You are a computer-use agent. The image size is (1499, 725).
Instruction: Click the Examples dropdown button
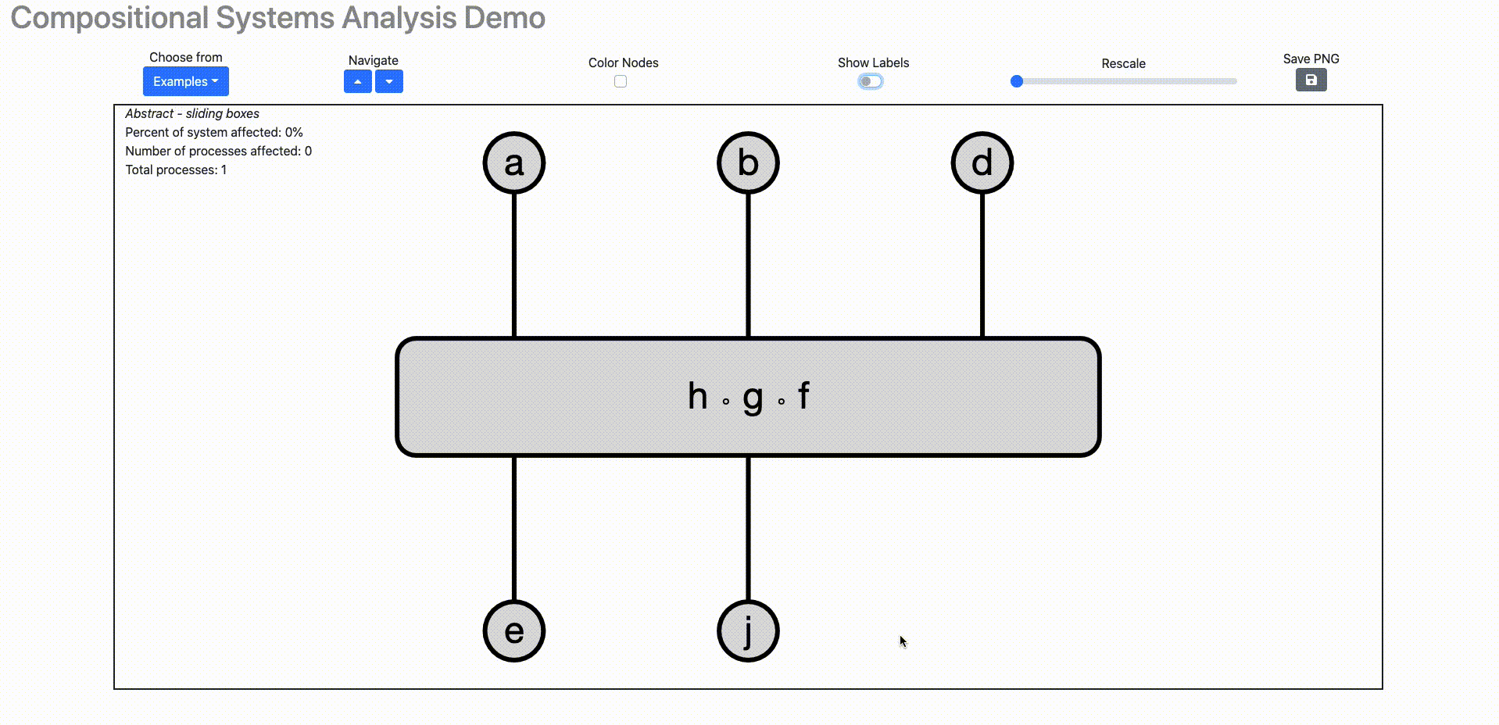tap(185, 81)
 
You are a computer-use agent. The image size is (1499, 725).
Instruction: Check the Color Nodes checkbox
tap(621, 81)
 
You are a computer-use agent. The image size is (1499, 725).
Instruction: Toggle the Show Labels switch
tap(870, 81)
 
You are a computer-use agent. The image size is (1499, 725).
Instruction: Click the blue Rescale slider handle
tap(1017, 81)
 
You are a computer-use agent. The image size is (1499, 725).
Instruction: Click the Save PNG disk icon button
tap(1311, 80)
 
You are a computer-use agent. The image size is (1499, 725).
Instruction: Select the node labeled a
tap(513, 162)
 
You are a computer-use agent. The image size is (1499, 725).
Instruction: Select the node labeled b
tap(748, 162)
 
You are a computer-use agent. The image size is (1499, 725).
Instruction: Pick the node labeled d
tap(982, 162)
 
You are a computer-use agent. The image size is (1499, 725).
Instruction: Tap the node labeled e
tap(513, 630)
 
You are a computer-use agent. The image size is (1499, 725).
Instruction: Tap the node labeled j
tap(748, 630)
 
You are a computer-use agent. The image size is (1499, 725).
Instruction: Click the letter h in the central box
tap(697, 396)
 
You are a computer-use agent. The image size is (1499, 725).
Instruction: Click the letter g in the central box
tap(753, 398)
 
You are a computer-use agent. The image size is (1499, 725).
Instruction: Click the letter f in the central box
tap(803, 396)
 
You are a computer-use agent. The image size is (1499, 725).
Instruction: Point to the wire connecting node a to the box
tap(513, 266)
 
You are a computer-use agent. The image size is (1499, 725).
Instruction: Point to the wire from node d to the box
tap(982, 266)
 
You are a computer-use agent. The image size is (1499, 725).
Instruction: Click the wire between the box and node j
tap(748, 528)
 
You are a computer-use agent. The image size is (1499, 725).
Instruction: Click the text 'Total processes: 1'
tap(176, 170)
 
